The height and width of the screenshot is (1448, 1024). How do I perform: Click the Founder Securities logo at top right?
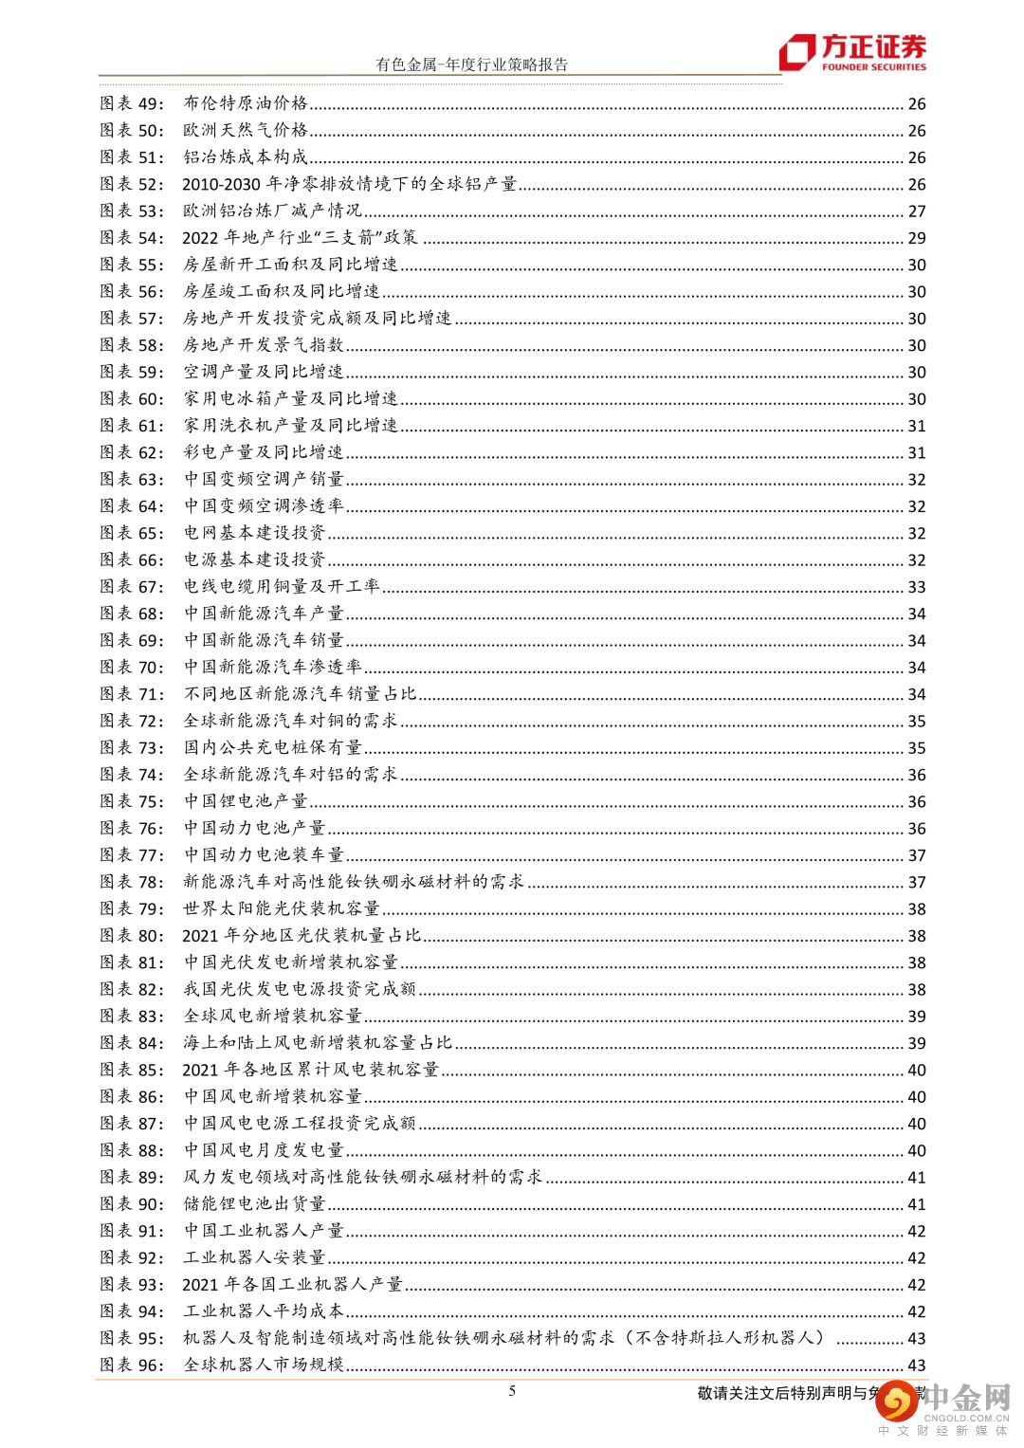[x=852, y=52]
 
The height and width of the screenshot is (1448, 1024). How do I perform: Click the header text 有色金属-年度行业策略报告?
[x=471, y=64]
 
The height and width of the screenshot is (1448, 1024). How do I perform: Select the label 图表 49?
[x=132, y=103]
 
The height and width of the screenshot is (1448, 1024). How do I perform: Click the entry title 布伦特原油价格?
[x=246, y=103]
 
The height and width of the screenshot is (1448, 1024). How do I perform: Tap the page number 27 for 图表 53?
[x=917, y=211]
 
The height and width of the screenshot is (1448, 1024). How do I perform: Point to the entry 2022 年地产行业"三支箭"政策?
[x=300, y=238]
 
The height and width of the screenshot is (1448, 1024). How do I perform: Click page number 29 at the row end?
[x=917, y=238]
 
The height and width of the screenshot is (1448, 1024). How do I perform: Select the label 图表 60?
[x=132, y=399]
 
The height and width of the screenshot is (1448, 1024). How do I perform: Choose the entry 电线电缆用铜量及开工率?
[x=282, y=587]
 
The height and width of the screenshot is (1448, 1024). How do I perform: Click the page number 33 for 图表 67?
[x=917, y=587]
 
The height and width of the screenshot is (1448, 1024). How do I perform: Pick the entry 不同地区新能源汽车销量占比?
[x=300, y=694]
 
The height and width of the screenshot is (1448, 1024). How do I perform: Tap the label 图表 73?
[x=132, y=748]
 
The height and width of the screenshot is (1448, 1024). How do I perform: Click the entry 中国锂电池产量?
[x=246, y=801]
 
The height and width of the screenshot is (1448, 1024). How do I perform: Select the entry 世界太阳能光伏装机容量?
[x=282, y=908]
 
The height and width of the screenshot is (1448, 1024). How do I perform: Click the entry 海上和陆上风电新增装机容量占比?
[x=318, y=1043]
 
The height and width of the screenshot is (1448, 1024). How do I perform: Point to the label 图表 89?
[x=132, y=1178]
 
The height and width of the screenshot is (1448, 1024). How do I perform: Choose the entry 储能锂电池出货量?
[x=254, y=1204]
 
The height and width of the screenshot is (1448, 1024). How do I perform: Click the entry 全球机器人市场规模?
[x=264, y=1366]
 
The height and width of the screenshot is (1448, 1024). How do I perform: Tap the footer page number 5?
[x=512, y=1391]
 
